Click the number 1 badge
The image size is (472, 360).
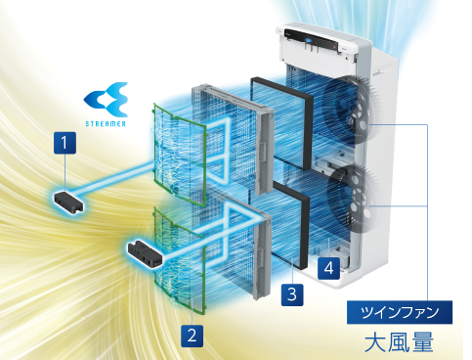(65, 143)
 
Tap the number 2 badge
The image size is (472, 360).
(193, 335)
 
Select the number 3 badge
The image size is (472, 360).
(291, 292)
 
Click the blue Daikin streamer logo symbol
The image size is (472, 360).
(106, 99)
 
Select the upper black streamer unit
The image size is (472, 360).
(67, 202)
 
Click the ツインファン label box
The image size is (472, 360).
(399, 312)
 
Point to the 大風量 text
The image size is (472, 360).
(398, 342)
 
